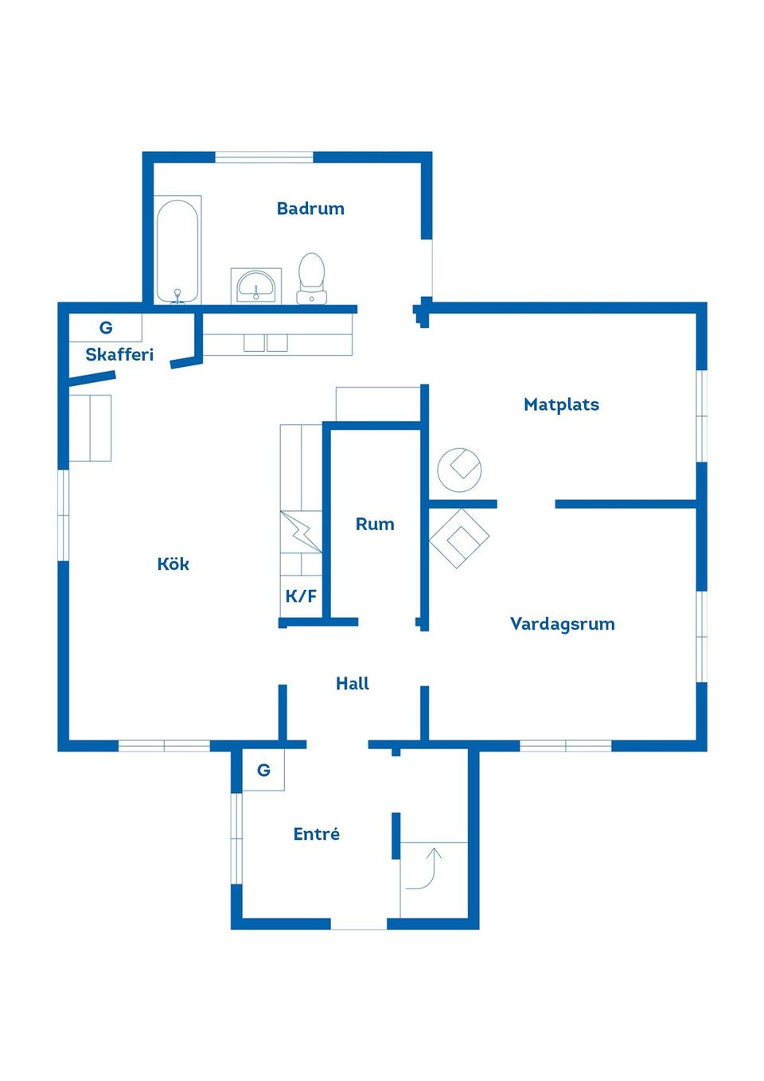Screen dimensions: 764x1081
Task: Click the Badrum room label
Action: pyautogui.click(x=310, y=209)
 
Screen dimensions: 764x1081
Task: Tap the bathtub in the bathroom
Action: pyautogui.click(x=177, y=250)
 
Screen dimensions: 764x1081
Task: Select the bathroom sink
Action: pyautogui.click(x=255, y=286)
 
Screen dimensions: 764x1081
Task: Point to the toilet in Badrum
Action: pyautogui.click(x=312, y=279)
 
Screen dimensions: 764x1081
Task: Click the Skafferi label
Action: pyautogui.click(x=119, y=354)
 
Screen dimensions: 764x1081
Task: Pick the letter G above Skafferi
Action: pyautogui.click(x=106, y=328)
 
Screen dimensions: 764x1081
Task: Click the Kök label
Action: pyautogui.click(x=173, y=564)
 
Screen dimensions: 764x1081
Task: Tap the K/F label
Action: pyautogui.click(x=301, y=596)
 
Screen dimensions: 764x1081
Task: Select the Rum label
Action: pyautogui.click(x=375, y=524)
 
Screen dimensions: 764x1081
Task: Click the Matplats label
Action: pyautogui.click(x=561, y=404)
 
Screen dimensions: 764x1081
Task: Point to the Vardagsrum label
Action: pyautogui.click(x=563, y=624)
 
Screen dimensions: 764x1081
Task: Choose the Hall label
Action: pyautogui.click(x=353, y=683)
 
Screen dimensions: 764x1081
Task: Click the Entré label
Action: pyautogui.click(x=317, y=834)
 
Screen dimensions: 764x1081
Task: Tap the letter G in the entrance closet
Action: pyautogui.click(x=263, y=771)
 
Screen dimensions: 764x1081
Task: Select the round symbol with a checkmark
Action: pyautogui.click(x=459, y=470)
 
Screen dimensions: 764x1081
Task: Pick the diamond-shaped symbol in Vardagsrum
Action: pyautogui.click(x=459, y=539)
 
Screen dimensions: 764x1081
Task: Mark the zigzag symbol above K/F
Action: pyautogui.click(x=301, y=531)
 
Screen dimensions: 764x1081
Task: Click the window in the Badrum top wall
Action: pyautogui.click(x=264, y=158)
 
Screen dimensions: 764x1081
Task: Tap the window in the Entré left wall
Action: pyautogui.click(x=236, y=839)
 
